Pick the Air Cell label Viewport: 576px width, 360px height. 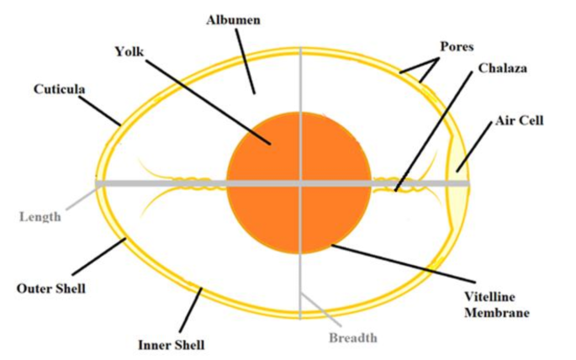[x=521, y=120]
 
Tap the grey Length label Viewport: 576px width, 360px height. [x=40, y=216]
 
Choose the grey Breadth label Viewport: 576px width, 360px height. [x=352, y=337]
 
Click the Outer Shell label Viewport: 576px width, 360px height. [x=51, y=289]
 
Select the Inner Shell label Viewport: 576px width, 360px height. [x=171, y=345]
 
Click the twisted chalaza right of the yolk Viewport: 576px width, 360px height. [x=395, y=183]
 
